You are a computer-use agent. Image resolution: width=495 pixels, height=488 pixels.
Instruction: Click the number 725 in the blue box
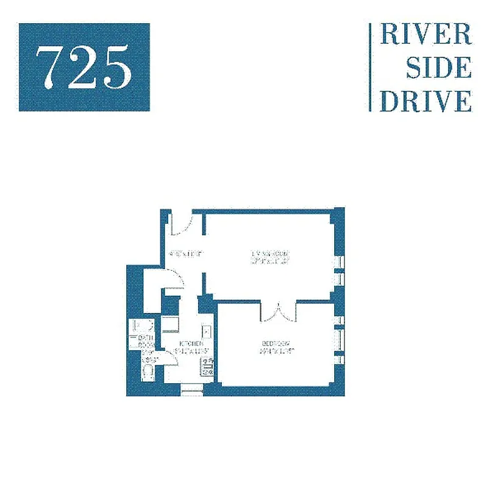tap(84, 66)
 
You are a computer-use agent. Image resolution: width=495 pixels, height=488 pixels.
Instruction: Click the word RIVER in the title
tap(426, 34)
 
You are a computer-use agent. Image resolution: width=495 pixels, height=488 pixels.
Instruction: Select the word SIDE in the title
tap(439, 68)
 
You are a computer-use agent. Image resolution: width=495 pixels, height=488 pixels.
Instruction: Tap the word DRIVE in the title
tap(426, 101)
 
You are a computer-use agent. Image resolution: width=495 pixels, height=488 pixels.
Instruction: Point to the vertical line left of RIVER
tap(370, 67)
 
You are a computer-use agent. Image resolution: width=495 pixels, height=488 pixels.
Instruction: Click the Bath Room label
tap(146, 341)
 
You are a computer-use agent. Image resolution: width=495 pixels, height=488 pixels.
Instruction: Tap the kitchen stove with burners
tap(208, 365)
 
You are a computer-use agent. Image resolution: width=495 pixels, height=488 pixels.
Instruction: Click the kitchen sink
tap(207, 332)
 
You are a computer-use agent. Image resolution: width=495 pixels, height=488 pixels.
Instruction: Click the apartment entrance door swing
tap(181, 224)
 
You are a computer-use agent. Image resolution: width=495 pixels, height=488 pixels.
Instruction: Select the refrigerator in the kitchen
tap(170, 323)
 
